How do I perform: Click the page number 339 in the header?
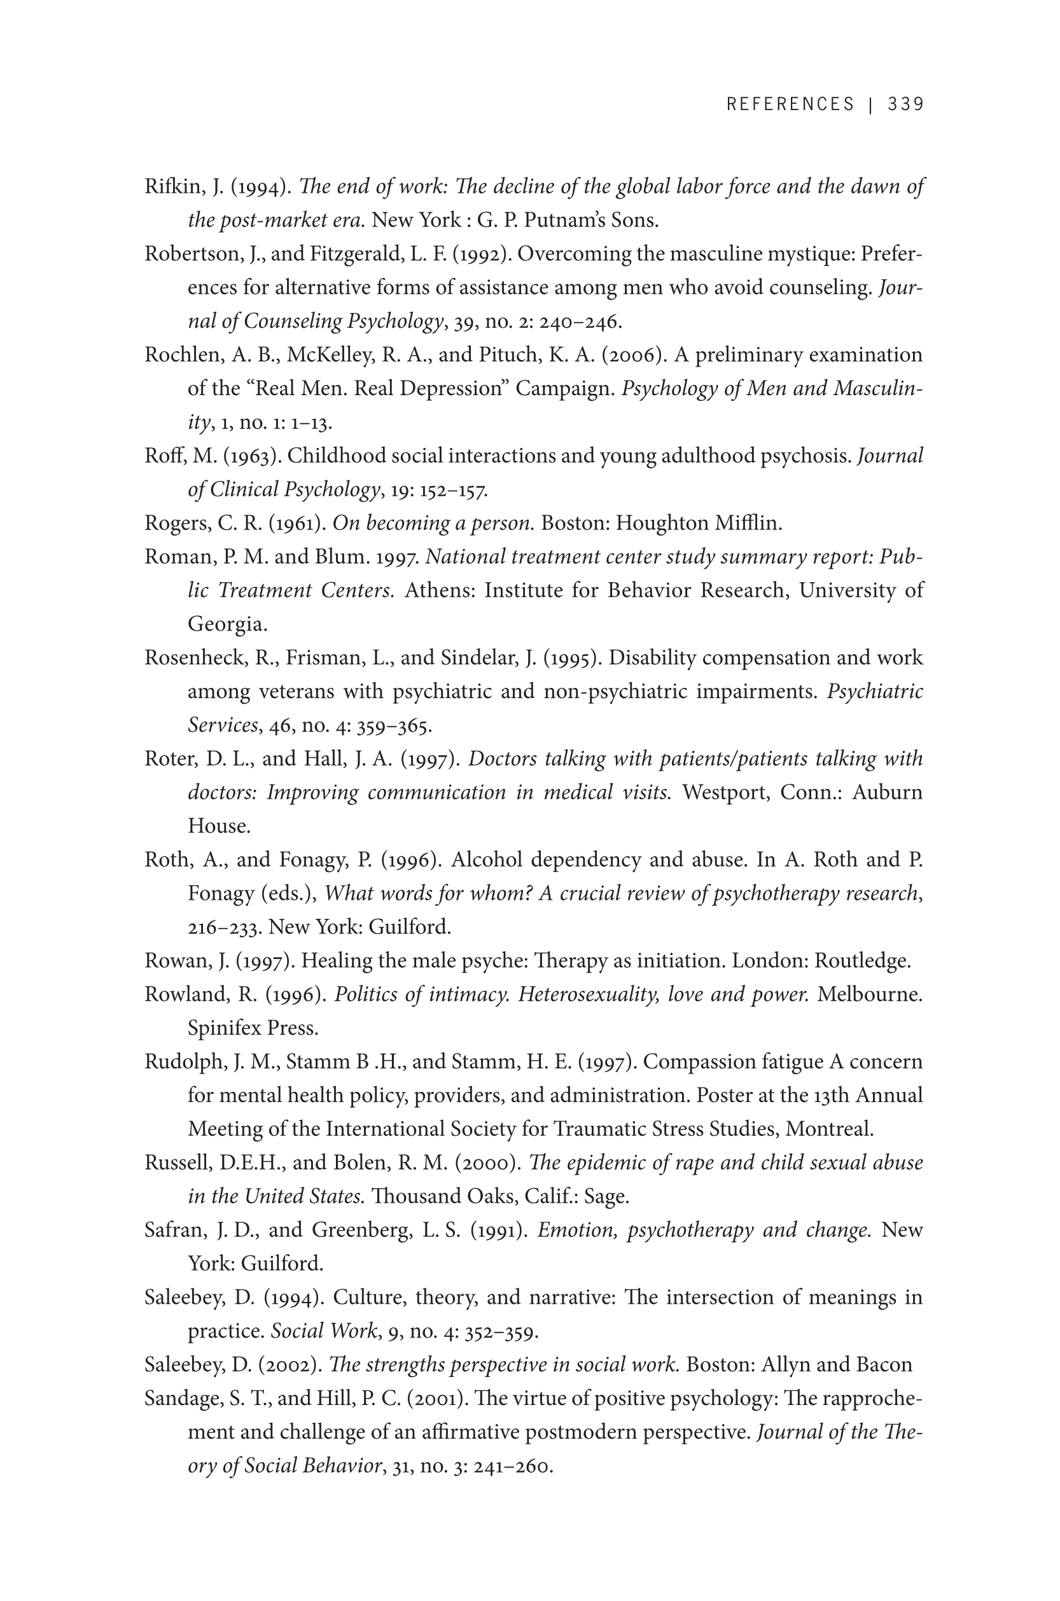coord(905,104)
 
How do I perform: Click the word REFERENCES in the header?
coord(790,104)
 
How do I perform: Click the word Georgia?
coord(227,624)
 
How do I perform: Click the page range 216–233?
coord(225,928)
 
